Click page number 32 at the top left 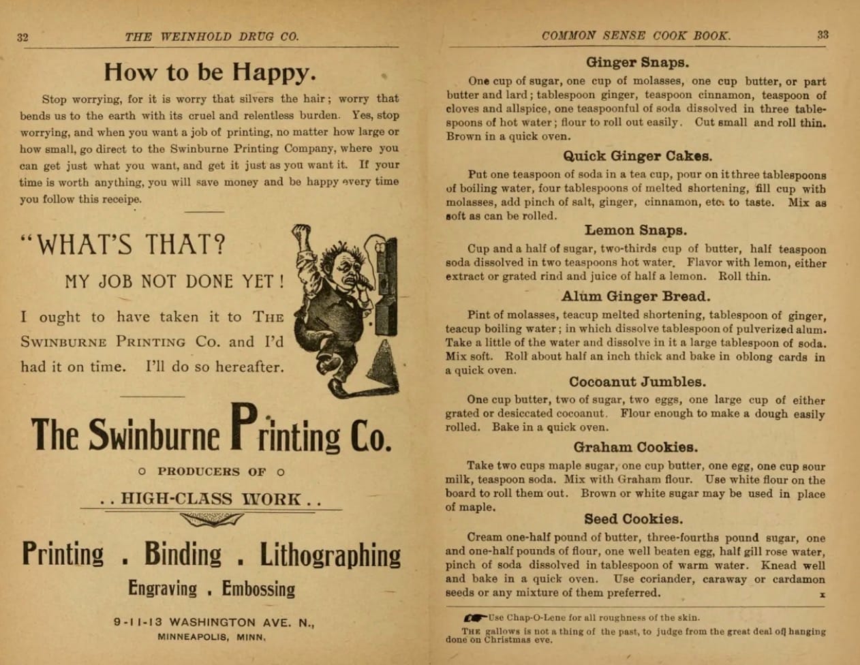point(22,37)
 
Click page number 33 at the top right point(823,35)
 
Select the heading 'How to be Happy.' point(210,71)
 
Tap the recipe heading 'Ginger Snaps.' point(637,63)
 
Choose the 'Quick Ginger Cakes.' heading point(638,156)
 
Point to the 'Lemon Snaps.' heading point(636,230)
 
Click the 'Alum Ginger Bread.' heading point(636,296)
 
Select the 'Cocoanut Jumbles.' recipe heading point(637,382)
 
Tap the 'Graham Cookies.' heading point(635,448)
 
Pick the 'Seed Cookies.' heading point(634,519)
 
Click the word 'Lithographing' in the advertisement point(331,555)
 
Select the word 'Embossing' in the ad point(258,589)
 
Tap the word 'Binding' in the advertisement point(183,555)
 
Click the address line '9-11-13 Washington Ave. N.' point(214,622)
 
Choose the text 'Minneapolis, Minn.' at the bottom point(212,638)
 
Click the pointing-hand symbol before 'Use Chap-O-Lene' point(475,618)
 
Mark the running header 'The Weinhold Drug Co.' point(211,37)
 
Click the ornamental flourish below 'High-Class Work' point(211,521)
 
